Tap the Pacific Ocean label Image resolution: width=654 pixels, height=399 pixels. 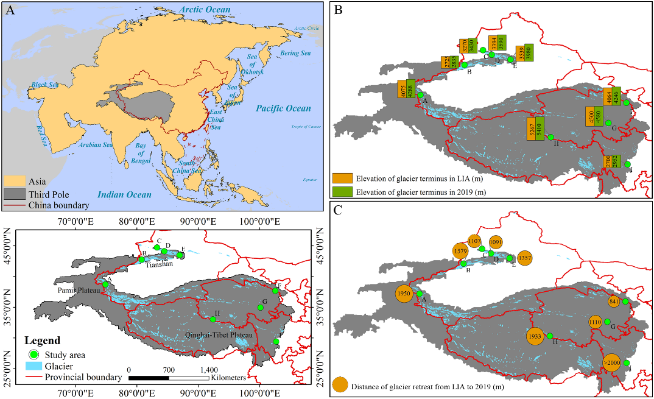pyautogui.click(x=283, y=108)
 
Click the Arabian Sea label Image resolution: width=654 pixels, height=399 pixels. pyautogui.click(x=96, y=145)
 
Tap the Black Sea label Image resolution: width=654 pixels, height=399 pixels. pyautogui.click(x=44, y=85)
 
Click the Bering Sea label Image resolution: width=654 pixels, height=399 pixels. pyautogui.click(x=295, y=54)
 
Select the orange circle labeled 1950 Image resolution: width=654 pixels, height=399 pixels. pyautogui.click(x=404, y=294)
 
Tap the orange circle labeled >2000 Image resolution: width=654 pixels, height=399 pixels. pyautogui.click(x=612, y=362)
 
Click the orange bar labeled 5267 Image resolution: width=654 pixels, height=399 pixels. pyautogui.click(x=532, y=129)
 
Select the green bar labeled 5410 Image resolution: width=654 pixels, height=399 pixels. pyautogui.click(x=541, y=129)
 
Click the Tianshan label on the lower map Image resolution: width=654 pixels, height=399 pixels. pyautogui.click(x=160, y=264)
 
